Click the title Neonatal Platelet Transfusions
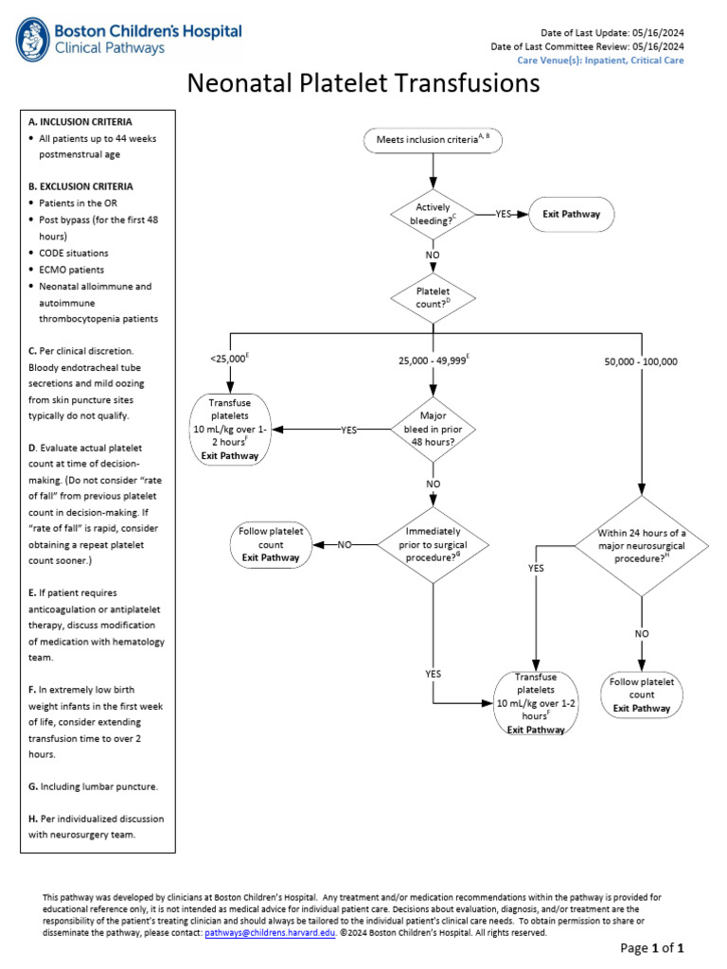[x=363, y=84]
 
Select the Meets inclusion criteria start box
[x=433, y=140]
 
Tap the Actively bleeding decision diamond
[x=433, y=214]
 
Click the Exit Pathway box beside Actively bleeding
[x=571, y=214]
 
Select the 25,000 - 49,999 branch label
[x=434, y=361]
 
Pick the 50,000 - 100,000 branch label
[x=641, y=361]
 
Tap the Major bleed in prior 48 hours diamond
[x=433, y=429]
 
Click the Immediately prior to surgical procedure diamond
[x=433, y=544]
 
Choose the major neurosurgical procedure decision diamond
[x=642, y=545]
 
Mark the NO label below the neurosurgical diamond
[x=642, y=633]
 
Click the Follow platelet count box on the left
[x=271, y=544]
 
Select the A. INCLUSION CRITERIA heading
[x=80, y=122]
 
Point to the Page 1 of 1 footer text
[x=651, y=948]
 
